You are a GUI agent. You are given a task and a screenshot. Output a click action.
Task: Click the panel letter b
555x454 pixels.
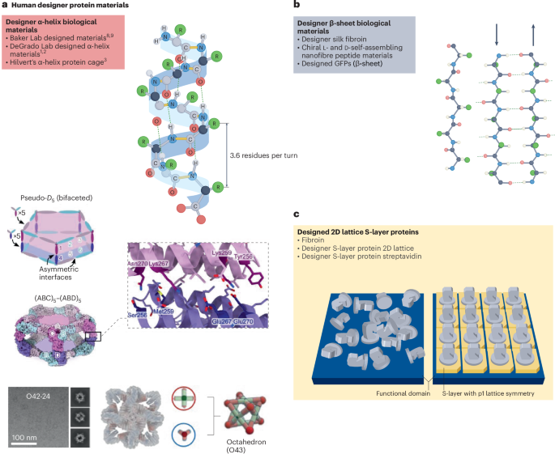pyautogui.click(x=296, y=6)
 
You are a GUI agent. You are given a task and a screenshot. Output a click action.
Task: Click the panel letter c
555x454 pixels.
pyautogui.click(x=296, y=214)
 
